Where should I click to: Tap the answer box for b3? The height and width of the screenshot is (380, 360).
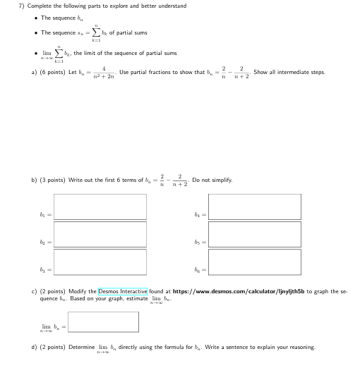(101, 261)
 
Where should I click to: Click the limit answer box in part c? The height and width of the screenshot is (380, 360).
(103, 322)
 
